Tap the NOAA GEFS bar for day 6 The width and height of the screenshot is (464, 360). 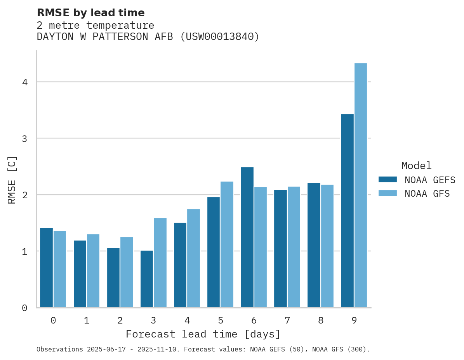pos(247,237)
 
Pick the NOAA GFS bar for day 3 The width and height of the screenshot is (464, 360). pos(160,263)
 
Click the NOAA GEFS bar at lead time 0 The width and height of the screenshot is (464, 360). pos(46,267)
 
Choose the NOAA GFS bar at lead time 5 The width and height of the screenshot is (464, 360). pos(227,244)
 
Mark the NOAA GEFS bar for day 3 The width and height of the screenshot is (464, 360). pos(147,279)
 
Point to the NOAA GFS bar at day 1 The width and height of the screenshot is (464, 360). pos(93,271)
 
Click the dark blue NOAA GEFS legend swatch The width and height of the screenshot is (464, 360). pos(388,180)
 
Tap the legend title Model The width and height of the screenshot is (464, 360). pos(416,166)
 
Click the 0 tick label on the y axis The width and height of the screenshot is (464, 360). pos(24,308)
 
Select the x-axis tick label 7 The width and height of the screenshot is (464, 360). pos(287,320)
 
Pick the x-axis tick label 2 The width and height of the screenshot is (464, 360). pos(120,320)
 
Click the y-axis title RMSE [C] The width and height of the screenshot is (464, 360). pos(12,180)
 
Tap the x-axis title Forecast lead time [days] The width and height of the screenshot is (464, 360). pos(203,334)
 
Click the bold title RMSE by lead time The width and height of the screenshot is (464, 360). pos(90,13)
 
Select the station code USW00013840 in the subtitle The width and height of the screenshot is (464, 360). pos(219,37)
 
